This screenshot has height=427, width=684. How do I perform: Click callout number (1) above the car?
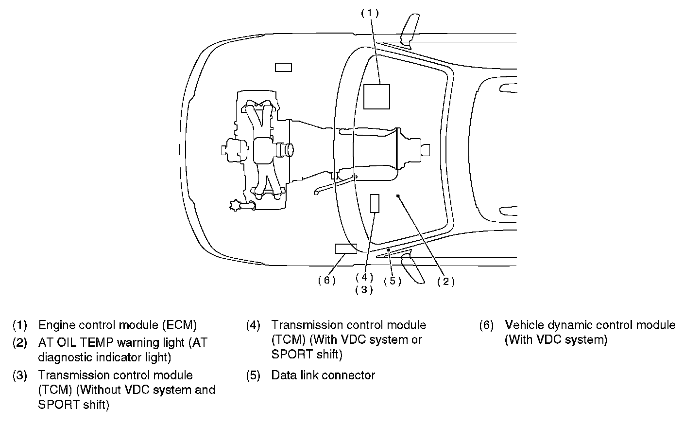point(370,13)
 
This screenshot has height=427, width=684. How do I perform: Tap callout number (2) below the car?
point(446,282)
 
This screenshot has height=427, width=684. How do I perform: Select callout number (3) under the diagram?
point(364,290)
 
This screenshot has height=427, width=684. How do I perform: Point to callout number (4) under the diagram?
point(364,278)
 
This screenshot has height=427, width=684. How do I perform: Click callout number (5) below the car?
point(393,281)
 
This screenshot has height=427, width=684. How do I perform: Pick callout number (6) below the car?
point(327,280)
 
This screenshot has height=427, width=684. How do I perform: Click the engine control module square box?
point(376,97)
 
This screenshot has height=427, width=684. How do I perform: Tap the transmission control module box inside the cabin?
point(375,203)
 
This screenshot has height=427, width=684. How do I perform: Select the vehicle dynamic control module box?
point(346,249)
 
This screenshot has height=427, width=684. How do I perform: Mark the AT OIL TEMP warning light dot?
point(398,196)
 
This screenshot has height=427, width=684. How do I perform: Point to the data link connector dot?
point(389,250)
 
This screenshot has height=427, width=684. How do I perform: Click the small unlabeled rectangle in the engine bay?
point(283,68)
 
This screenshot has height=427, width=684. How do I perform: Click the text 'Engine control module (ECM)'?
point(118,325)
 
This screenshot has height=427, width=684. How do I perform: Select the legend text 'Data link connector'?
point(323,375)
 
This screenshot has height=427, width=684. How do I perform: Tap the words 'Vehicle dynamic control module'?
point(590,325)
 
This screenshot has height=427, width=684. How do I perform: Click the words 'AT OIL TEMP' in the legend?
point(76,343)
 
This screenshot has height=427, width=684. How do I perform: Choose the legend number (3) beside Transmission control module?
point(20,375)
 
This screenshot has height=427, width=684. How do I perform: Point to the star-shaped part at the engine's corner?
point(235,205)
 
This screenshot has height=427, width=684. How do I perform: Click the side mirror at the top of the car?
point(410,30)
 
